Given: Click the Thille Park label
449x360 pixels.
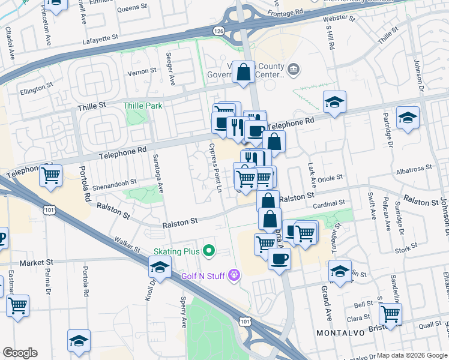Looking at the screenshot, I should pos(142,106).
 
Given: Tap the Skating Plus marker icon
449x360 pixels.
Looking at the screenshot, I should pos(209,250).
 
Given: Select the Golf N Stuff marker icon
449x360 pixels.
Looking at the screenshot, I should pos(234,275).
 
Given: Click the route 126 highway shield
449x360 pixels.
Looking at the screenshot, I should pos(219,31).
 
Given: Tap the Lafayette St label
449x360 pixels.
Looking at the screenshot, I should pos(101,38).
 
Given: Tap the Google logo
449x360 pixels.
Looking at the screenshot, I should pos(20,353).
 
